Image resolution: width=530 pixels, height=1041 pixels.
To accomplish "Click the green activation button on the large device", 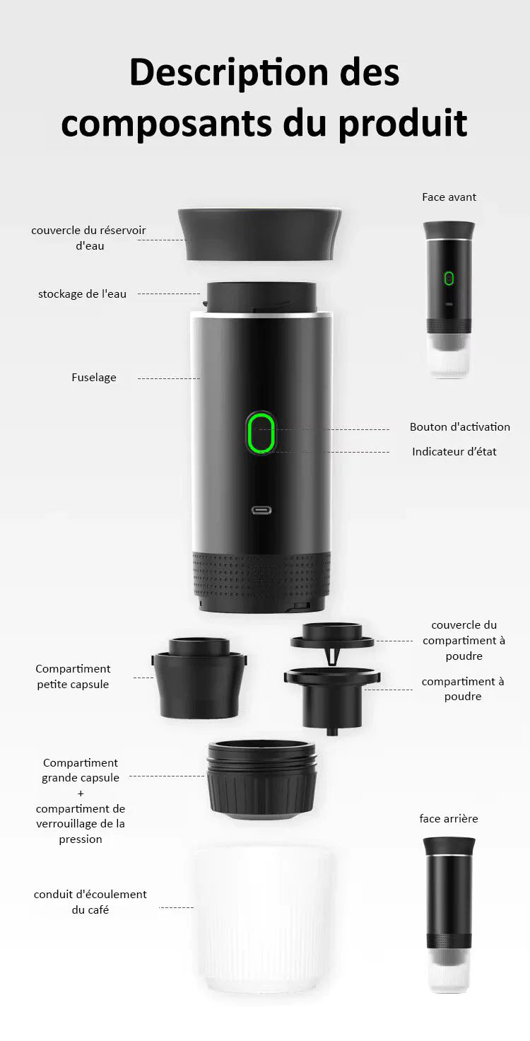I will (261, 433).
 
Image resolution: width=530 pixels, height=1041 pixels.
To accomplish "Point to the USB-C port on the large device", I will (261, 509).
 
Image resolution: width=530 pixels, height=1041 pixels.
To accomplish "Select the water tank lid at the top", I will (259, 233).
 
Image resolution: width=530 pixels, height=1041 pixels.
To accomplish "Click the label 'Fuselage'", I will (94, 378).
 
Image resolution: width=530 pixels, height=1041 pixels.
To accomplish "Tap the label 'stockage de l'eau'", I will (82, 293).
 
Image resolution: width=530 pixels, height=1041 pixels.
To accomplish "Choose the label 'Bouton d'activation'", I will (459, 427).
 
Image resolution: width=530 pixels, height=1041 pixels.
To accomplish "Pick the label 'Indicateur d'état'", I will (454, 451).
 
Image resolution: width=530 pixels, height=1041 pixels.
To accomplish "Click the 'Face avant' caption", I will (449, 197).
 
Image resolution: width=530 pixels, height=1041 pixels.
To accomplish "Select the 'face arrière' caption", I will (448, 818).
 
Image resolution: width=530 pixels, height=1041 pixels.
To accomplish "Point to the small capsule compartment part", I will (199, 679).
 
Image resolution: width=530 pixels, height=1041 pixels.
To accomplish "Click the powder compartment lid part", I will (332, 637).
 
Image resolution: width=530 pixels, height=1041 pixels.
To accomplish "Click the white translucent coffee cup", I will (261, 919).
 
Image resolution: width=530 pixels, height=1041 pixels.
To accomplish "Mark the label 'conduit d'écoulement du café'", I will (90, 902).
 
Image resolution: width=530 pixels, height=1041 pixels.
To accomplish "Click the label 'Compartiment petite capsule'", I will (73, 676).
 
